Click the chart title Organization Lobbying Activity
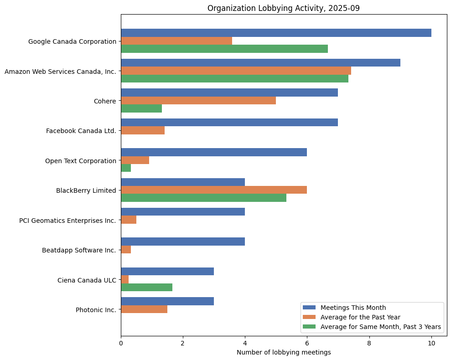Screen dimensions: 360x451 pyautogui.click(x=283, y=8)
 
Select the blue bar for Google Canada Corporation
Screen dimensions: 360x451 pyautogui.click(x=276, y=33)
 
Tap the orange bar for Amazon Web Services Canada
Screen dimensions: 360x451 pyautogui.click(x=236, y=71)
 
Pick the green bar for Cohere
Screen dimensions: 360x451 pyautogui.click(x=141, y=108)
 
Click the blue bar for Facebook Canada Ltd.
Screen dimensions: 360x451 pyautogui.click(x=229, y=123)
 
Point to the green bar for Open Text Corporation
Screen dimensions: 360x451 pyautogui.click(x=126, y=168)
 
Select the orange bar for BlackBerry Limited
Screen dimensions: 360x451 pyautogui.click(x=214, y=190)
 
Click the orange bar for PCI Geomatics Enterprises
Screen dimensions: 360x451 pyautogui.click(x=129, y=220)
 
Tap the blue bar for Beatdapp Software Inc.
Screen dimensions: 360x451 pyautogui.click(x=183, y=242)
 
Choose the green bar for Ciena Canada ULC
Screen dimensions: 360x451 pyautogui.click(x=146, y=287)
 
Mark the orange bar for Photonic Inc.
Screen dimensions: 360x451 pyautogui.click(x=144, y=309)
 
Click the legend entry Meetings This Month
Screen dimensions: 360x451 pyautogui.click(x=353, y=307)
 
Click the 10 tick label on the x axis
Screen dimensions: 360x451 pyautogui.click(x=431, y=342)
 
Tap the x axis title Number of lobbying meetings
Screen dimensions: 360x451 pyautogui.click(x=283, y=352)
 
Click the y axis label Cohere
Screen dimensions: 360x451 pyautogui.click(x=105, y=101)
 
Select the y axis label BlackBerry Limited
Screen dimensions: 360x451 pyautogui.click(x=86, y=190)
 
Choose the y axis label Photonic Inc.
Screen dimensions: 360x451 pyautogui.click(x=96, y=310)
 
